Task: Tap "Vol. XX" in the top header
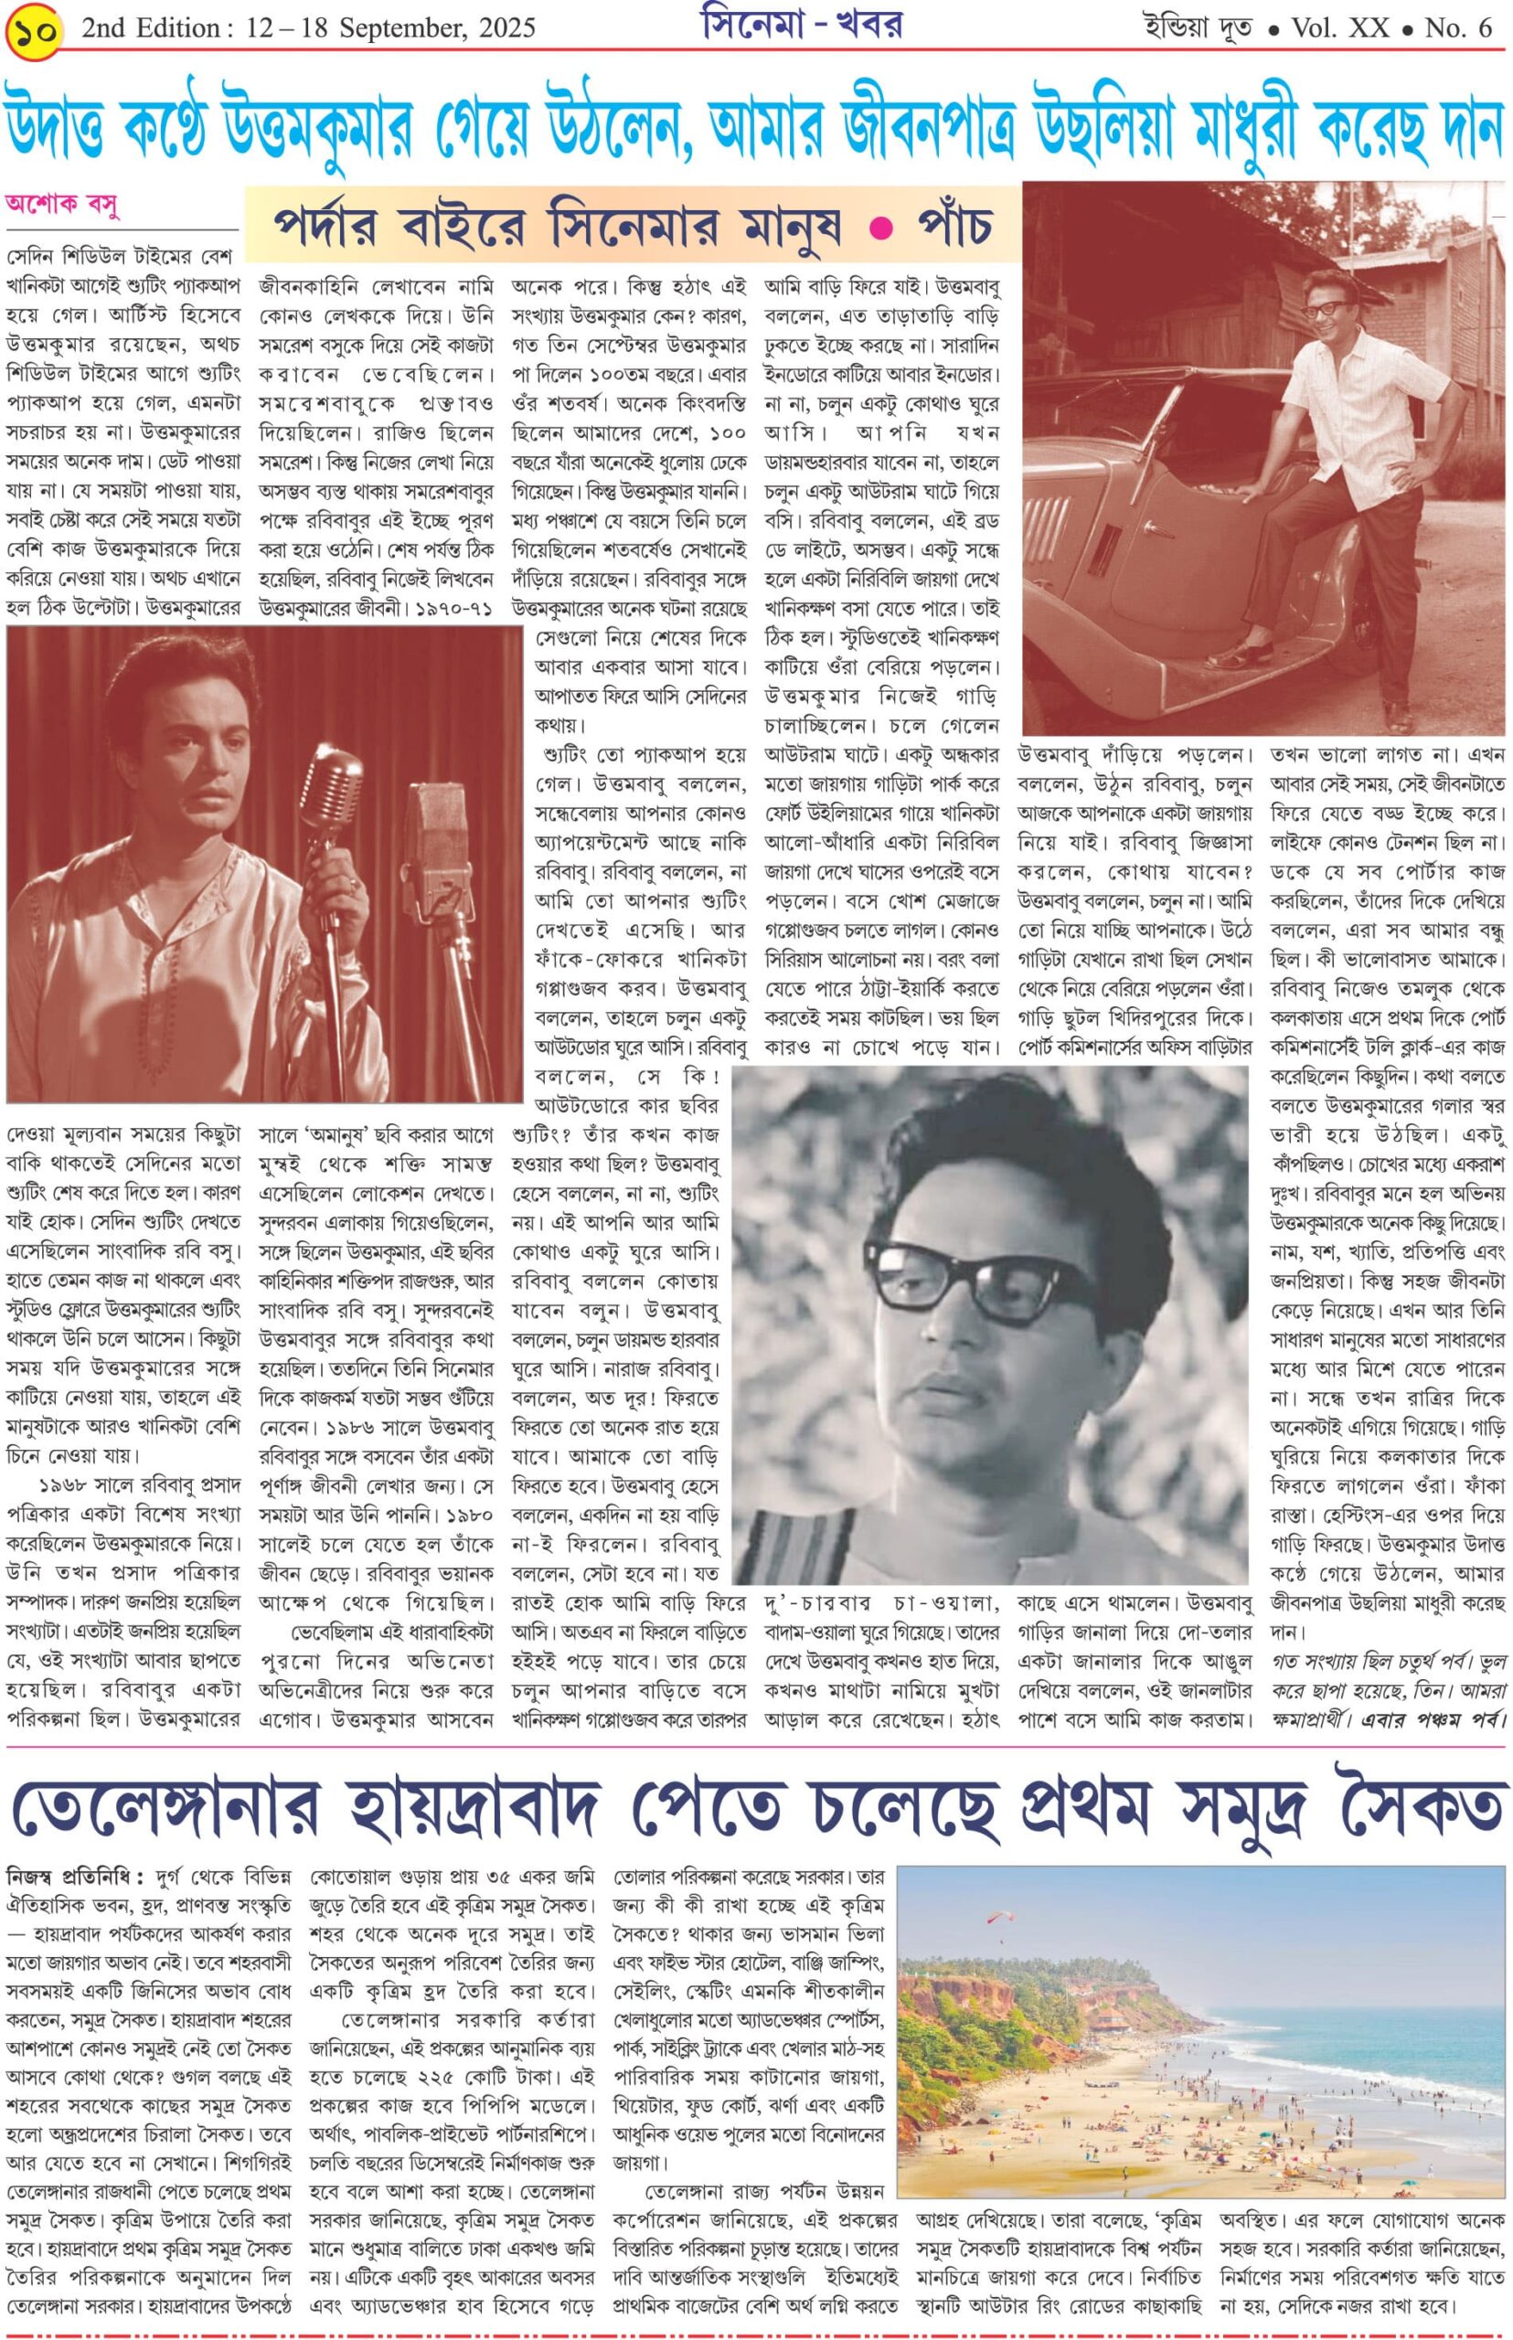pyautogui.click(x=1340, y=28)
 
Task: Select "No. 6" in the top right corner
pyautogui.click(x=1458, y=28)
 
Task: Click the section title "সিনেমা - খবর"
pyautogui.click(x=803, y=27)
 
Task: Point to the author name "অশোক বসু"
pyautogui.click(x=63, y=205)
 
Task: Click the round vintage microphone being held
pyautogui.click(x=331, y=782)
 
